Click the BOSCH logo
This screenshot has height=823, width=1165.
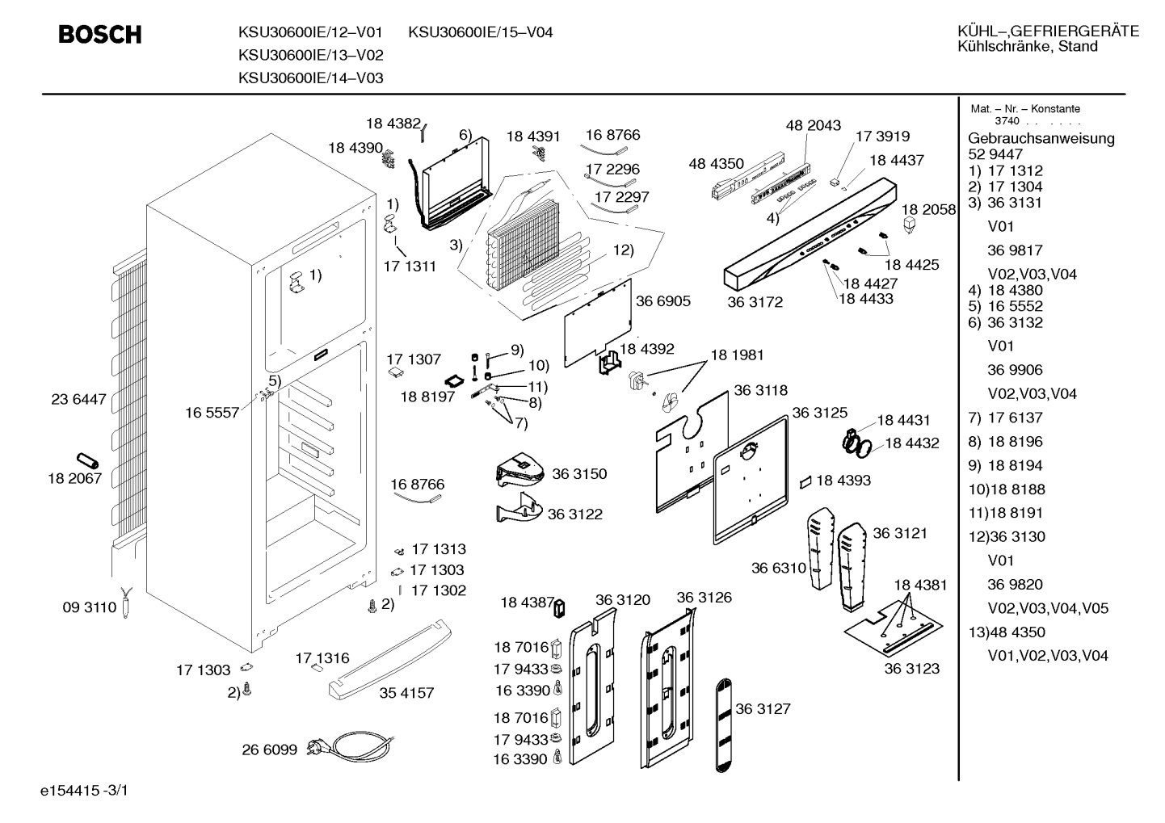100,34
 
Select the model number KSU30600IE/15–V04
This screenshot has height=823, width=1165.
480,32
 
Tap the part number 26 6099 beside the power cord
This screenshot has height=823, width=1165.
269,750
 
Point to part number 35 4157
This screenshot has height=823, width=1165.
406,692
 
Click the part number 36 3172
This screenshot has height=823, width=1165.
755,302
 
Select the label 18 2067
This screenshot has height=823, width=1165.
75,478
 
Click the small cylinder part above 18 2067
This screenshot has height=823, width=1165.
87,460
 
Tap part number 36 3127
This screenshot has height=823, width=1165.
763,708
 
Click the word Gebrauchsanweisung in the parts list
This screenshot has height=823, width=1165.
1041,138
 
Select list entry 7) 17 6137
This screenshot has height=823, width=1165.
1005,418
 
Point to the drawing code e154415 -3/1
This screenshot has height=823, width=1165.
84,790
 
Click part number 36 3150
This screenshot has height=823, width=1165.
579,473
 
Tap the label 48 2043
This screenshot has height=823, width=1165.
813,125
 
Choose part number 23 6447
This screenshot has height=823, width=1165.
78,399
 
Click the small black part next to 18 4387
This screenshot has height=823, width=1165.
559,608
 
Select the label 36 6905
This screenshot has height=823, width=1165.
663,301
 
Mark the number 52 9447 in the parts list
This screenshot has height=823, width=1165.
995,154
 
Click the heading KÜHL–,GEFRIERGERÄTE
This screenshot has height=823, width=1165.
1049,31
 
